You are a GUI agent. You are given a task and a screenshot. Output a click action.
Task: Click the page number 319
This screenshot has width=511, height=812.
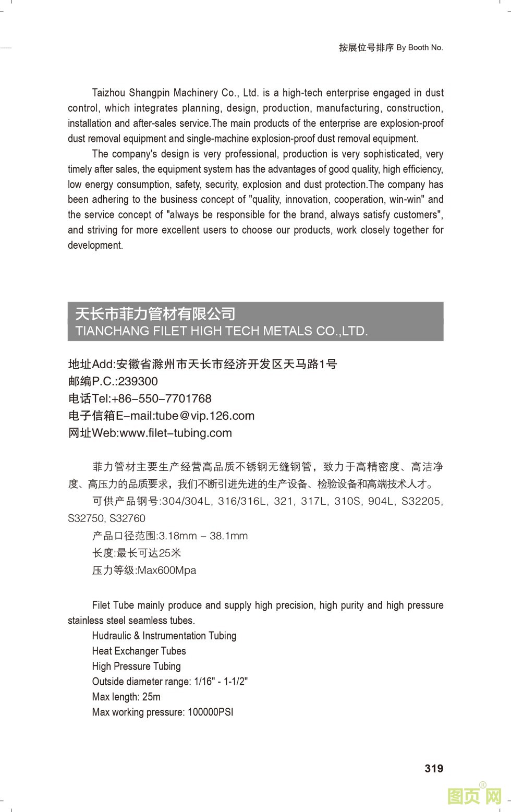[434, 768]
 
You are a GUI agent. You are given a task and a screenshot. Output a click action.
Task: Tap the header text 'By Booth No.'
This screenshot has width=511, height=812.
[420, 47]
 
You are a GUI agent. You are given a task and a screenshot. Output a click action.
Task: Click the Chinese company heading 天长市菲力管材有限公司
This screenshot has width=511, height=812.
[155, 313]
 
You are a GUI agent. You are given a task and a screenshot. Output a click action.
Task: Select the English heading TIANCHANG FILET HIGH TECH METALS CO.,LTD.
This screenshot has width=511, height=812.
[222, 331]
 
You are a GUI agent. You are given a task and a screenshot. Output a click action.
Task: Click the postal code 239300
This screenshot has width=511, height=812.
[138, 381]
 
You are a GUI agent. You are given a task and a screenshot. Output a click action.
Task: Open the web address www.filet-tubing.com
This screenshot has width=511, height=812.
[176, 433]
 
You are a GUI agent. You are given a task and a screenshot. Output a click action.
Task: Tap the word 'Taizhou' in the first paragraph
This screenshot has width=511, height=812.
[108, 93]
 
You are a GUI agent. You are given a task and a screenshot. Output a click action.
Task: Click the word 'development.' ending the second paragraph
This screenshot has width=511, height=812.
[95, 245]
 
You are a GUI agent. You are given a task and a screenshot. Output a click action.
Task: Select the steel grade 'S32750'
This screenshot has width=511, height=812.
[86, 518]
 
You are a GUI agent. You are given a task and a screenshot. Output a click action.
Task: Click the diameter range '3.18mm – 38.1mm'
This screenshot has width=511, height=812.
[203, 536]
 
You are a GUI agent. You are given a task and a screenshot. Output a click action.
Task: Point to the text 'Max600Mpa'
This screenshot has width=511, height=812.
[167, 570]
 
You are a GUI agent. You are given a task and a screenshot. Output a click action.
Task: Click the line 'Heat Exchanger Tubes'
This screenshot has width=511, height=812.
[139, 651]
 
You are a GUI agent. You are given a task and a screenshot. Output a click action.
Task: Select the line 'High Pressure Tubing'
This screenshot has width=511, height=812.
[136, 666]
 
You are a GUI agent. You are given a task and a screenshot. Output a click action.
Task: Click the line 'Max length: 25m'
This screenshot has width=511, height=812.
[126, 697]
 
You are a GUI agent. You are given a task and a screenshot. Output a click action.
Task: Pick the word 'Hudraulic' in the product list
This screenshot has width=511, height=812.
[112, 636]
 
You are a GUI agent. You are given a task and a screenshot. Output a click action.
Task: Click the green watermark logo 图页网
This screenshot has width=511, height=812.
[474, 796]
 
